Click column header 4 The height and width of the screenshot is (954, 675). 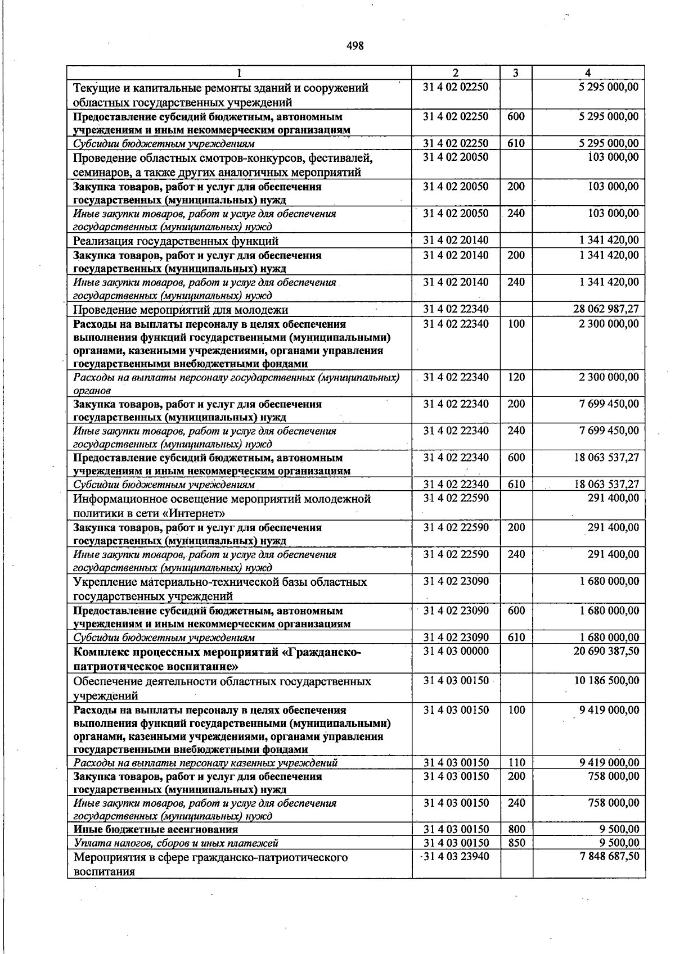click(x=588, y=73)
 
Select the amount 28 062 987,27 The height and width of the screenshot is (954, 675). click(x=606, y=309)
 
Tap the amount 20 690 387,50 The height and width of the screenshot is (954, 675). click(x=606, y=651)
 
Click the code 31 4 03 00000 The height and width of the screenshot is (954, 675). click(x=456, y=651)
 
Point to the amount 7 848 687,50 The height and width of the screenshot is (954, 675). click(x=609, y=856)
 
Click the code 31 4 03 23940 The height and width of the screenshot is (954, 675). click(x=456, y=856)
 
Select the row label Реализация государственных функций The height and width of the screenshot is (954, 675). click(x=176, y=241)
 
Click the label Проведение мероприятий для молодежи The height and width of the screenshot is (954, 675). click(x=181, y=310)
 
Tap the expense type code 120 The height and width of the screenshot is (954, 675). click(x=516, y=377)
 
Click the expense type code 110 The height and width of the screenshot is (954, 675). click(x=516, y=763)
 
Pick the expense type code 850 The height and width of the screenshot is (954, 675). click(x=516, y=843)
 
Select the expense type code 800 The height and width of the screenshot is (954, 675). click(x=516, y=829)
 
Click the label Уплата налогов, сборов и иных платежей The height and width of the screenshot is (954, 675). click(x=176, y=843)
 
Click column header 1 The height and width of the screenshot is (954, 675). click(x=240, y=73)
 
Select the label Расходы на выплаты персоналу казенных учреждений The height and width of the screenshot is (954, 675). click(x=206, y=763)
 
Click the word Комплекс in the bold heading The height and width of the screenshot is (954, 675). click(x=101, y=652)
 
